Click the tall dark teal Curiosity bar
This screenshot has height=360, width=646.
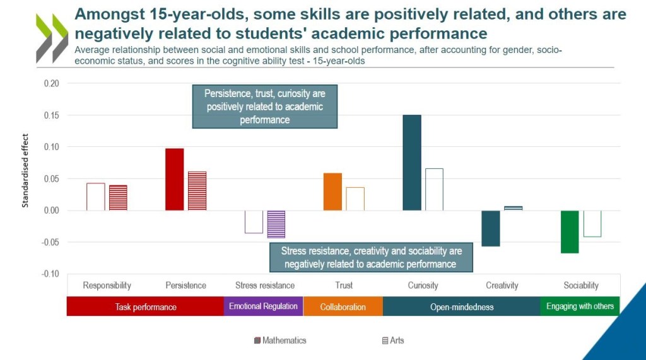pyautogui.click(x=412, y=163)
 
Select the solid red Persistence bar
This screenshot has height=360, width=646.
pyautogui.click(x=175, y=180)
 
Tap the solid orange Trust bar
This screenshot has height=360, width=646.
pyautogui.click(x=332, y=192)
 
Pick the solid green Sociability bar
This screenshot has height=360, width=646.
pyautogui.click(x=570, y=231)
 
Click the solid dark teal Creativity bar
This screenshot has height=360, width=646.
pyautogui.click(x=491, y=228)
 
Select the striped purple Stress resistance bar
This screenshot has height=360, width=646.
pyautogui.click(x=276, y=224)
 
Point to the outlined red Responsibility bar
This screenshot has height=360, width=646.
pyautogui.click(x=96, y=197)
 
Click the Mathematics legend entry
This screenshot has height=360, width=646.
pyautogui.click(x=280, y=340)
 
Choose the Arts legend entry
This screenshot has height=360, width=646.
pyautogui.click(x=393, y=340)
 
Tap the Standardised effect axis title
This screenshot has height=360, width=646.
pyautogui.click(x=26, y=170)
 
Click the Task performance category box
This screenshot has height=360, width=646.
pyautogui.click(x=146, y=307)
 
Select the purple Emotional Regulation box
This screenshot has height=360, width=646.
pyautogui.click(x=264, y=306)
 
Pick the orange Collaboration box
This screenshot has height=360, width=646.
pyautogui.click(x=343, y=307)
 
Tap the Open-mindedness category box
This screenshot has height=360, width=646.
pyautogui.click(x=462, y=307)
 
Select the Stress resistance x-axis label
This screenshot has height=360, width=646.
pyautogui.click(x=265, y=286)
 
